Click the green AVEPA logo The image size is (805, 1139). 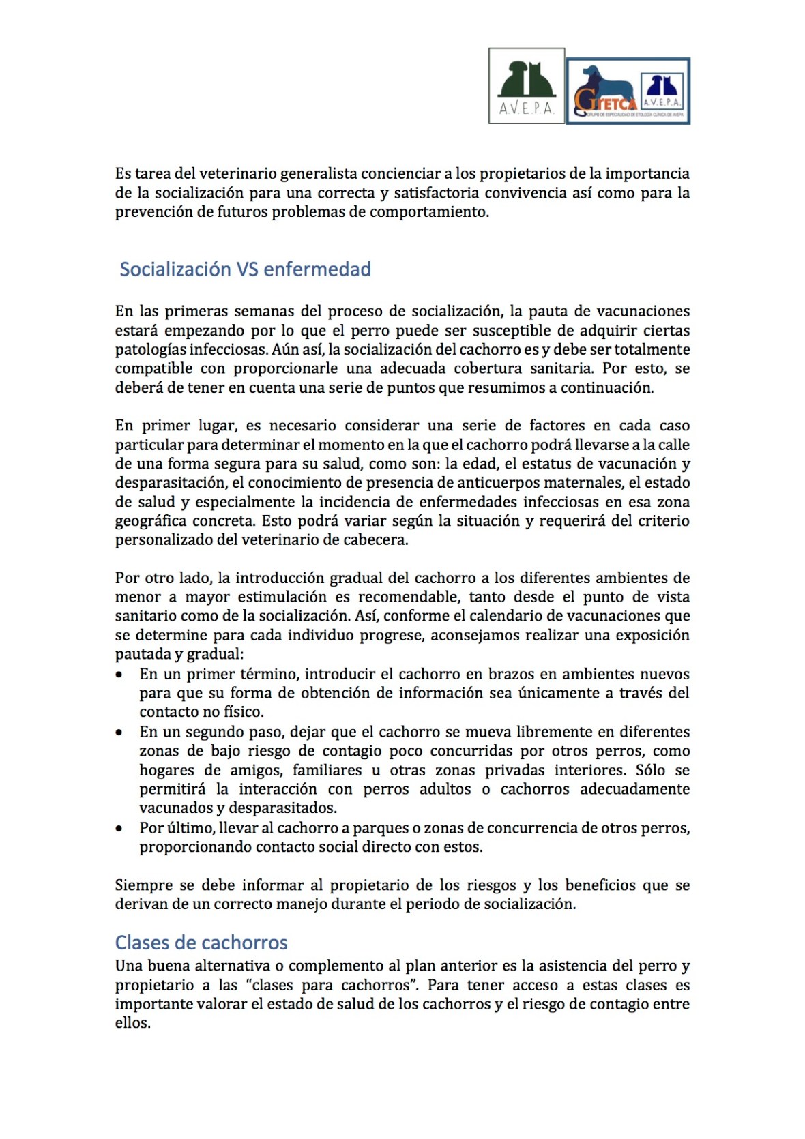pyautogui.click(x=526, y=86)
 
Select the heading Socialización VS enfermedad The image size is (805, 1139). pyautogui.click(x=245, y=269)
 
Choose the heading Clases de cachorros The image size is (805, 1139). pyautogui.click(x=201, y=943)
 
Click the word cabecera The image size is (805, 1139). pyautogui.click(x=375, y=540)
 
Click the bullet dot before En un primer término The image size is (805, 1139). pyautogui.click(x=119, y=675)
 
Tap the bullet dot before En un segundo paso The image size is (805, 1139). pyautogui.click(x=119, y=733)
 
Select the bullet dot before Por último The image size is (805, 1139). pyautogui.click(x=119, y=829)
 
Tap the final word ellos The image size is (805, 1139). pyautogui.click(x=132, y=1023)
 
